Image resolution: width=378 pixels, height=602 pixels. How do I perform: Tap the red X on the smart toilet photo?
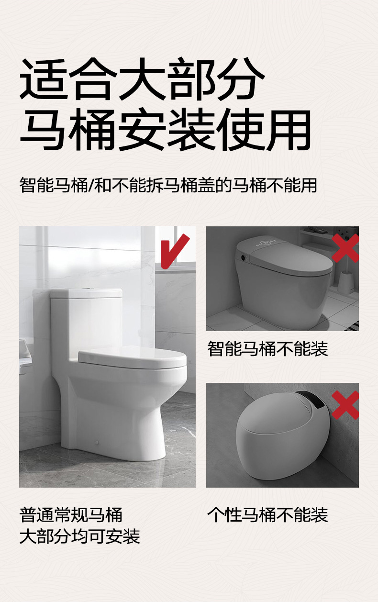[x=345, y=248]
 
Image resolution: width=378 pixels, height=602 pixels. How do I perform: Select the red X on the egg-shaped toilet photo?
[x=345, y=405]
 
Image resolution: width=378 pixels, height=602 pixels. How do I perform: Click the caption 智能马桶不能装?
[x=267, y=349]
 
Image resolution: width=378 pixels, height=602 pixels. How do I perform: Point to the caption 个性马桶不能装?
[x=267, y=515]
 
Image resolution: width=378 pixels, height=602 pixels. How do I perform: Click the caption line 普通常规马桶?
[x=71, y=515]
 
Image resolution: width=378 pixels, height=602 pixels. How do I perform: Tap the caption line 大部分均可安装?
[x=79, y=536]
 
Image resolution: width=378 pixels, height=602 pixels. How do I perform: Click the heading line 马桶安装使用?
[x=166, y=130]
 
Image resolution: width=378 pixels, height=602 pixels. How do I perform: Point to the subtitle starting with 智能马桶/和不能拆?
[x=168, y=185]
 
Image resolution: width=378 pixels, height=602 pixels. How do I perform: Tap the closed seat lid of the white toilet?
[x=133, y=358]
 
